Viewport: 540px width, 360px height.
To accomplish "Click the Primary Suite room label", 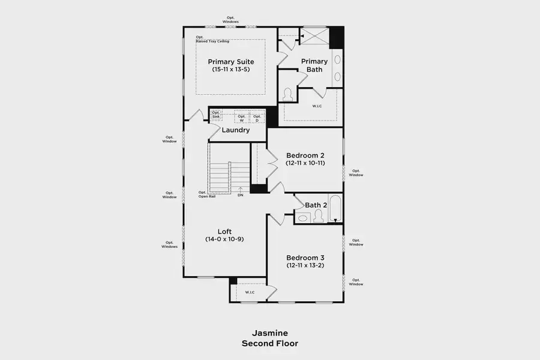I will tap(231, 62).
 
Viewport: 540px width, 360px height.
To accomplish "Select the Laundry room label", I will tap(236, 130).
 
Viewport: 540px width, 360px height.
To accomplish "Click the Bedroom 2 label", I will tap(305, 155).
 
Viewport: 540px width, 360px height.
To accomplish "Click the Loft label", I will tap(224, 231).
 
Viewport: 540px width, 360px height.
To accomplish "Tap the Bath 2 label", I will tap(316, 205).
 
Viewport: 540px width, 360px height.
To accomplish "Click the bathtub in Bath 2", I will tap(335, 209).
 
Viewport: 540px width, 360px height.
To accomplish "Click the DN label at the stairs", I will tap(241, 195).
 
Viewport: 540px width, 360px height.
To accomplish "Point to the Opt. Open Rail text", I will tap(207, 194).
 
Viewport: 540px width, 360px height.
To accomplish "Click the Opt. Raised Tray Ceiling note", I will tap(211, 39).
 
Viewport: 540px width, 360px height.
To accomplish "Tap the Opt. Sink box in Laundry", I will tap(216, 115).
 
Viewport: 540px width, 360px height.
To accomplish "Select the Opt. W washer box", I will tap(242, 118).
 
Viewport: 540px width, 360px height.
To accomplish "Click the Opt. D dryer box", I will tap(257, 118).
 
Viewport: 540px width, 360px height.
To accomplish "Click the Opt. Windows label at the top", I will tap(231, 20).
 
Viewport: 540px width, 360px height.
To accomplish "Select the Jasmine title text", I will tap(269, 333).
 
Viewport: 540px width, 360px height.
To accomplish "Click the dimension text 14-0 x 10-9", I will tap(224, 239).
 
